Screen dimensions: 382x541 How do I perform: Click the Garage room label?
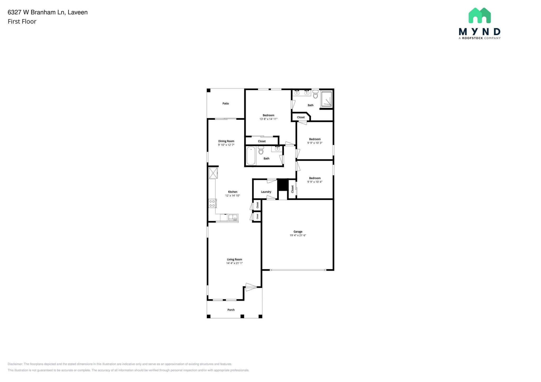[x=298, y=232]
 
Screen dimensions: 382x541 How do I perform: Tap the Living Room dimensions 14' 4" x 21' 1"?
[x=234, y=263]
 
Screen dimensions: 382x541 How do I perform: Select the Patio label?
[x=226, y=103]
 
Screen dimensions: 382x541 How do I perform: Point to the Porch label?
[x=231, y=310]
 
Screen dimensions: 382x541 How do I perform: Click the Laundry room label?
[x=266, y=192]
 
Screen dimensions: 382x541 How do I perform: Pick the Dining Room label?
[x=226, y=141]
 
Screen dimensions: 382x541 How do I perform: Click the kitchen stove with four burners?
[x=212, y=203]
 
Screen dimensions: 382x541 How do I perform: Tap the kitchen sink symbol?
[x=233, y=218]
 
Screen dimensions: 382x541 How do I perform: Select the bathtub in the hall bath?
[x=251, y=156]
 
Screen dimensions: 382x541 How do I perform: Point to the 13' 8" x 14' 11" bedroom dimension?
[x=268, y=119]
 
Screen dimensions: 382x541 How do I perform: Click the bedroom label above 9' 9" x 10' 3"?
[x=315, y=139]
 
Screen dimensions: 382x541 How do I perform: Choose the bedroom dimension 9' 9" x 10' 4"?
[x=315, y=182]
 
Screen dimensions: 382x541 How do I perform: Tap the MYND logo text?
[x=479, y=32]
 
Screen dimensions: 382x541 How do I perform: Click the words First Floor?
[x=22, y=22]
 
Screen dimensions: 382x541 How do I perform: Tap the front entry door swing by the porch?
[x=250, y=287]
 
